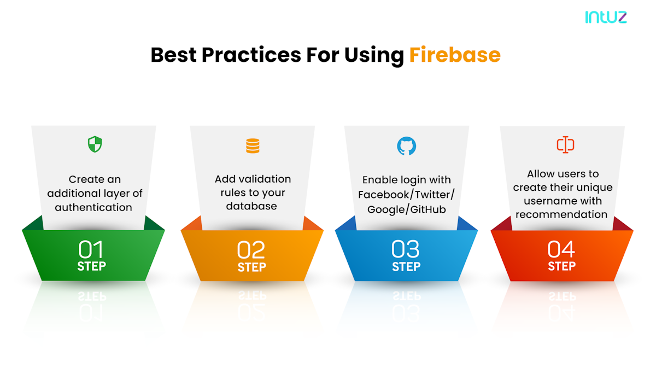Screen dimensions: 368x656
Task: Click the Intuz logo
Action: pos(606,17)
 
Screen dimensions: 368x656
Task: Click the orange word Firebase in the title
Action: pos(454,55)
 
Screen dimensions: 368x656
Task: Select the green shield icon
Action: pos(95,144)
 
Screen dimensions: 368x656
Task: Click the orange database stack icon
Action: pos(253,146)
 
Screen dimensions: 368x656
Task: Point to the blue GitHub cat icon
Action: pos(406,146)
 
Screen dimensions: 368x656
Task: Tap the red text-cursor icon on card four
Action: pos(565,144)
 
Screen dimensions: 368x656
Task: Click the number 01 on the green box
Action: pos(91,250)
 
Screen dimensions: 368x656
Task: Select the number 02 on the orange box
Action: pos(251,250)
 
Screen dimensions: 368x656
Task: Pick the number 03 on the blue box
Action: pos(406,249)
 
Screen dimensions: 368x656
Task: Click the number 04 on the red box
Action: pos(561,249)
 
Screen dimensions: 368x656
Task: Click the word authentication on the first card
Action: pos(93,207)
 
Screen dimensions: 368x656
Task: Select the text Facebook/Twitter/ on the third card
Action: pos(406,194)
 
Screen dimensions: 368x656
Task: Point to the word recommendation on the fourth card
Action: pos(561,214)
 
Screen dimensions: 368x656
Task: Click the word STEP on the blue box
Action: pos(406,267)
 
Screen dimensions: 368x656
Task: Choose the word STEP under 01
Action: pos(91,267)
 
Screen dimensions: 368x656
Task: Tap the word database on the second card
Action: pos(251,206)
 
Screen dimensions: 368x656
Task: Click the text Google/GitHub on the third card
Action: pos(406,209)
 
